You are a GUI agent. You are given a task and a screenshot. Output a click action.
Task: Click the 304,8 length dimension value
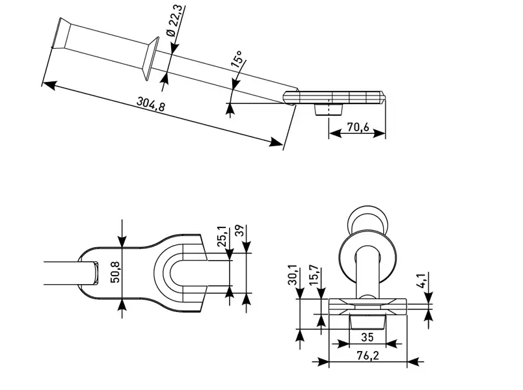151,103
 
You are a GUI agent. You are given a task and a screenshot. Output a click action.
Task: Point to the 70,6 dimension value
358,127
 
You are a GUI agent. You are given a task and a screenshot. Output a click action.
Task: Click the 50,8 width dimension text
115,272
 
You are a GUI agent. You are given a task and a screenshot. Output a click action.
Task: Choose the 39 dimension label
240,231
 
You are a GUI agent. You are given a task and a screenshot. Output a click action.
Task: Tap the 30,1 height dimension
293,275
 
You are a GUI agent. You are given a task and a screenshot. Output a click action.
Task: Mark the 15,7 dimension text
314,276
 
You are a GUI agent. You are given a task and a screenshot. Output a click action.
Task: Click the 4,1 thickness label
422,280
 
